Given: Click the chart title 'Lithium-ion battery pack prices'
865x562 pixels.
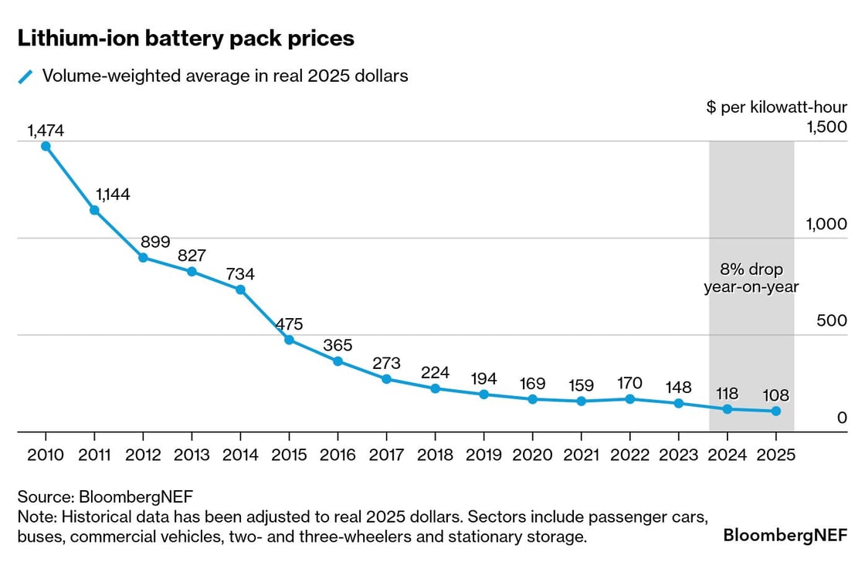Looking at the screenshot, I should coord(185,38).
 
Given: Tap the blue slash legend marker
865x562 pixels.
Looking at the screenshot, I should coord(26,76).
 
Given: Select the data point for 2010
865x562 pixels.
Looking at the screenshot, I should coord(46,146).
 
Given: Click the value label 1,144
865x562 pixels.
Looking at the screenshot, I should coord(112,195).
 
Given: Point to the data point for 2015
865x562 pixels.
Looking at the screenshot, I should coord(289,340).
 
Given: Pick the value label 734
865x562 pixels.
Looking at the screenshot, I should coord(240,274).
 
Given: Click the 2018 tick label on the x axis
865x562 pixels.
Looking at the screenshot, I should coord(435,455).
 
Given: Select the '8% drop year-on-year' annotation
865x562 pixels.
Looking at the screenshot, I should coord(751,279).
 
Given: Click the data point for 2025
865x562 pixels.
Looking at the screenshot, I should coord(776,411).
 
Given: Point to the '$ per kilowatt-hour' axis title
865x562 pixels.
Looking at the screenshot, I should coord(776,107).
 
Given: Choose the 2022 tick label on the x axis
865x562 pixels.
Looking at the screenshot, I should coord(629,455).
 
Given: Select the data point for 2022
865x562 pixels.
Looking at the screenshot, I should coord(629,399).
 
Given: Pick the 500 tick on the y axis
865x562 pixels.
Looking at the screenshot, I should coord(832,321).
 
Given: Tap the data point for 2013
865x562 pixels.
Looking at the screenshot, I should coord(192,272).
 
